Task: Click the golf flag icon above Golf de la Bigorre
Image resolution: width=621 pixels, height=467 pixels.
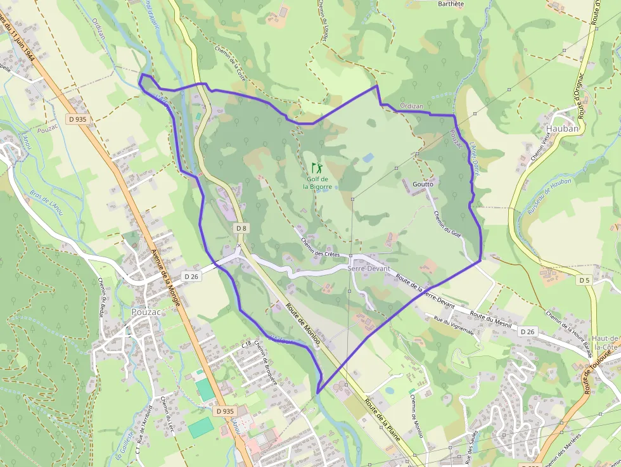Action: [x=317, y=169]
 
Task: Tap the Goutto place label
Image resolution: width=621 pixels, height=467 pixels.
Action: [x=423, y=184]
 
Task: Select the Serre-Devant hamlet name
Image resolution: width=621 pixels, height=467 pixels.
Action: [x=369, y=269]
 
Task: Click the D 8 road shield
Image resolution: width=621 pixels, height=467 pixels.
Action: [x=241, y=227]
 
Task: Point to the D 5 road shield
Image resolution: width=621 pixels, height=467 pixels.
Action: [x=584, y=279]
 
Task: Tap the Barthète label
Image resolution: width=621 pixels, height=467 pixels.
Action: [x=451, y=3]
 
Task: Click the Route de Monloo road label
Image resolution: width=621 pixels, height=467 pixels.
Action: [x=303, y=324]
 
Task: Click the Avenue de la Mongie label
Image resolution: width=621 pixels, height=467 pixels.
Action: [x=166, y=276]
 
